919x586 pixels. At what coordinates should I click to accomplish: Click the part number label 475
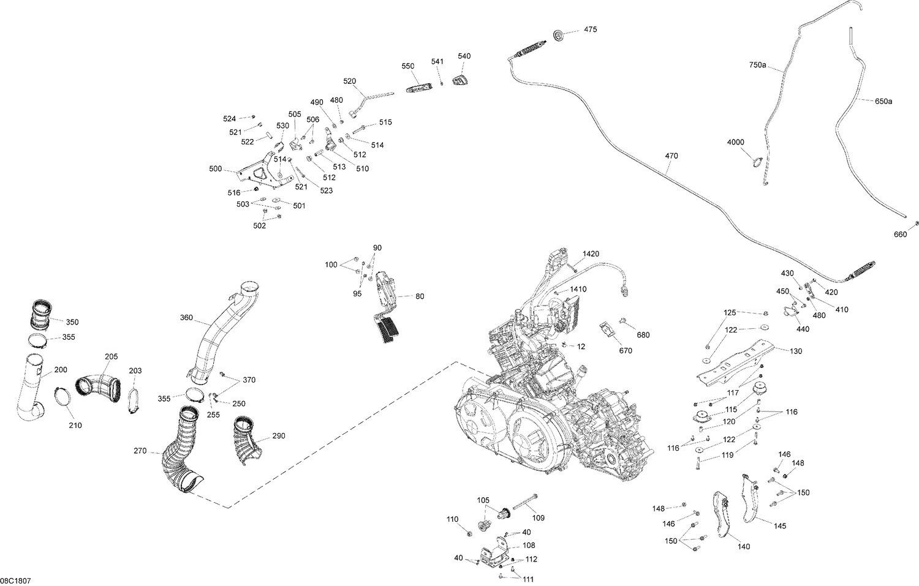pos(590,29)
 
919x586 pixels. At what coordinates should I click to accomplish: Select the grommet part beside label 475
pos(559,36)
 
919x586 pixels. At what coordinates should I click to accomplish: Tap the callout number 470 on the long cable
pos(671,156)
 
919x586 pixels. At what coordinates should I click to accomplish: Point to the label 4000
pos(735,142)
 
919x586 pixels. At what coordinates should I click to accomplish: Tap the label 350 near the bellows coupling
pos(72,322)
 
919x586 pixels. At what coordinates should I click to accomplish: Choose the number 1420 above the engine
pos(591,254)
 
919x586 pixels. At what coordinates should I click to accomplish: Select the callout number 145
pos(779,525)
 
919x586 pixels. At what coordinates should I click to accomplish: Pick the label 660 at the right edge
pos(900,234)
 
